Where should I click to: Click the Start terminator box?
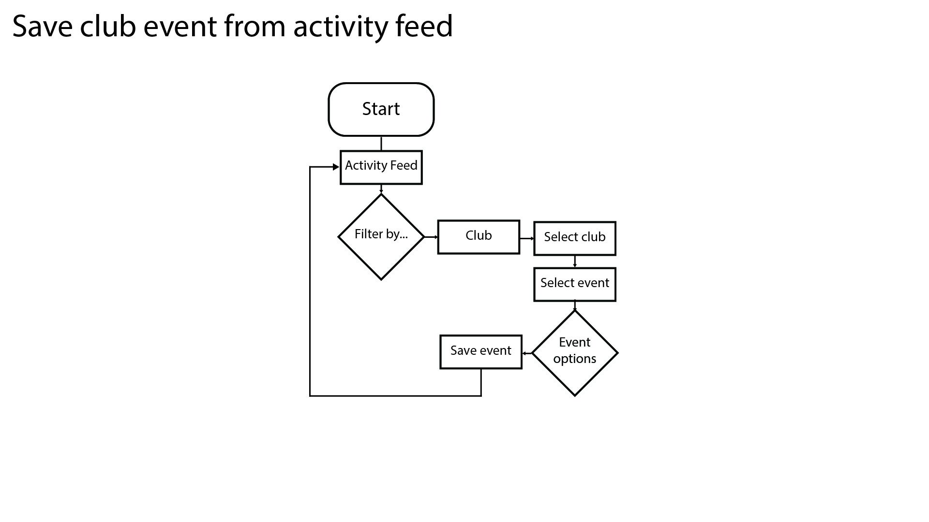pyautogui.click(x=381, y=109)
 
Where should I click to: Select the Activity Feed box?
pyautogui.click(x=381, y=167)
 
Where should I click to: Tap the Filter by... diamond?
pyautogui.click(x=381, y=237)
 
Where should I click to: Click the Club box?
pyautogui.click(x=479, y=237)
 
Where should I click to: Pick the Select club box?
pyautogui.click(x=575, y=238)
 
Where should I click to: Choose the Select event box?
pyautogui.click(x=575, y=284)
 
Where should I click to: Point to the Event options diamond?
pyautogui.click(x=575, y=353)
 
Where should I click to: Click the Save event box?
pyautogui.click(x=481, y=352)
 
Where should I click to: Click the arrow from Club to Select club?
pyautogui.click(x=527, y=238)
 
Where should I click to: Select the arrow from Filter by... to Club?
pyautogui.click(x=431, y=237)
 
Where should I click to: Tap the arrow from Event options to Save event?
pyautogui.click(x=527, y=353)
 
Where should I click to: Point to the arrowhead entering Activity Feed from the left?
pyautogui.click(x=336, y=167)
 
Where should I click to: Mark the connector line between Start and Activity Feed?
pyautogui.click(x=381, y=144)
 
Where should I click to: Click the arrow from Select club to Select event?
pyautogui.click(x=575, y=261)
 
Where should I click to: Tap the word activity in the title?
pyautogui.click(x=340, y=28)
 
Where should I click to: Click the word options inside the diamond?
pyautogui.click(x=575, y=360)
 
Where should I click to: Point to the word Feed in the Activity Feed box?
pyautogui.click(x=404, y=166)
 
